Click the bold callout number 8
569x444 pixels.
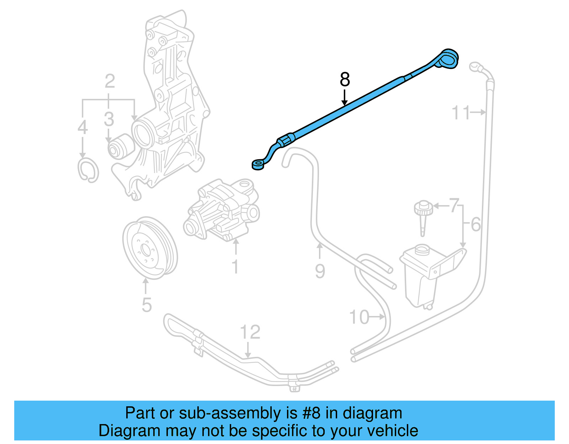pyautogui.click(x=345, y=80)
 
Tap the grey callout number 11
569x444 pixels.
pyautogui.click(x=461, y=113)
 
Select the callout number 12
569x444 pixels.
pyautogui.click(x=250, y=332)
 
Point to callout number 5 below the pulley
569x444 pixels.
pyautogui.click(x=147, y=305)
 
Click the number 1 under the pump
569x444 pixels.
pyautogui.click(x=235, y=266)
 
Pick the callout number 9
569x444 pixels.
pyautogui.click(x=320, y=271)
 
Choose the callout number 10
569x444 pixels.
pyautogui.click(x=360, y=317)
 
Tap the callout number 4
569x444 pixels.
pyautogui.click(x=83, y=127)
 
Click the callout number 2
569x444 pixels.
pyautogui.click(x=110, y=81)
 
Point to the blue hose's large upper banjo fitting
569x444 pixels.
pyautogui.click(x=449, y=58)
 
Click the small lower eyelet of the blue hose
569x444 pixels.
pyautogui.click(x=257, y=165)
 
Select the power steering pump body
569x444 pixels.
pyautogui.click(x=222, y=210)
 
